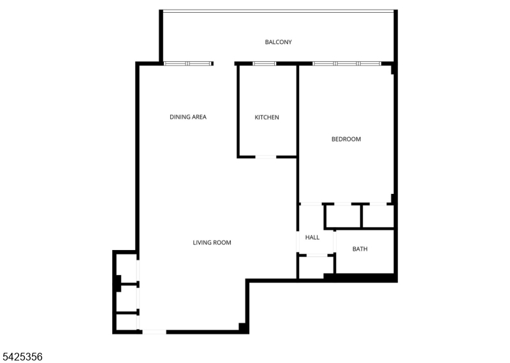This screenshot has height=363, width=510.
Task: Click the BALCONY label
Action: point(278,42)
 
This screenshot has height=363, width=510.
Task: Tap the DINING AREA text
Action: point(188,117)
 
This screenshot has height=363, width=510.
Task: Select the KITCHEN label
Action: point(266,117)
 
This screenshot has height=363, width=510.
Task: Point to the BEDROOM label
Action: point(346,139)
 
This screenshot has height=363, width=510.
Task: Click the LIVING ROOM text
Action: point(212,242)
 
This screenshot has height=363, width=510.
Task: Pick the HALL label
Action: point(312,237)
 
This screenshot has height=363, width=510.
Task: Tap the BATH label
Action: point(360,249)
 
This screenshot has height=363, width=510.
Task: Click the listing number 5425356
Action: point(22,357)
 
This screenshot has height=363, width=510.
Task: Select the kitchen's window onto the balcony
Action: point(264,64)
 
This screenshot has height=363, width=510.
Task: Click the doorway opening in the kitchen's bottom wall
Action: point(266,157)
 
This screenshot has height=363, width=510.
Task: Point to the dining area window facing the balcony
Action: point(187,64)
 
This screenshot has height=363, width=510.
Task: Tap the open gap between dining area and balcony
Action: point(224,64)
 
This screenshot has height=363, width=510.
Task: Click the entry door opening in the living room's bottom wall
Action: point(154,332)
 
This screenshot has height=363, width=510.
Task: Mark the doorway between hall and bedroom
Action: point(310,204)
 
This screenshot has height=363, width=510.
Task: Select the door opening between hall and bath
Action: point(334,242)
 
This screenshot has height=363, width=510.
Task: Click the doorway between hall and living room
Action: point(298,242)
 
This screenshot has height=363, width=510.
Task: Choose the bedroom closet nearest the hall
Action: point(343,216)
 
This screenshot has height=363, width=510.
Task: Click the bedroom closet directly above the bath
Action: point(378,216)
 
